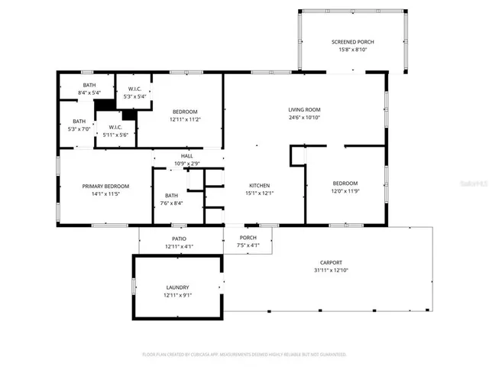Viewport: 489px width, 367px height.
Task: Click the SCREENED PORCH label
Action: point(351,41)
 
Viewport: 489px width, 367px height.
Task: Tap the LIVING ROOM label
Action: point(303,109)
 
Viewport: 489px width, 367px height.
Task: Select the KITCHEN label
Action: point(260,185)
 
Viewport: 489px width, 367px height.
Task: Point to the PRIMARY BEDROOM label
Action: point(105,186)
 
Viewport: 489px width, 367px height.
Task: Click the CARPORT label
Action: point(331,261)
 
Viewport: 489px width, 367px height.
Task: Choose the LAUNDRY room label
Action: point(177,287)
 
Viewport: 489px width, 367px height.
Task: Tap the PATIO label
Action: point(180,239)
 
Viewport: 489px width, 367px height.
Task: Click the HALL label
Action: point(186,156)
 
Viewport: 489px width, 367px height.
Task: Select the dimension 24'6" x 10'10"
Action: point(303,118)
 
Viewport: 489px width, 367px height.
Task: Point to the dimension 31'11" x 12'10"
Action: point(331,270)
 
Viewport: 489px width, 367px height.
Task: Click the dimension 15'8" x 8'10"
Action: point(351,50)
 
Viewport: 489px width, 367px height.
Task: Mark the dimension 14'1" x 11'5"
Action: point(105,194)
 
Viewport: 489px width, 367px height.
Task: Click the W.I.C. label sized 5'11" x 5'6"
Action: point(115,127)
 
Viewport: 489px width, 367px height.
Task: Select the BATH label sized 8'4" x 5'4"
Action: point(89,85)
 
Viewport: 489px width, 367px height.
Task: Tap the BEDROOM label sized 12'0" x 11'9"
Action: point(345,183)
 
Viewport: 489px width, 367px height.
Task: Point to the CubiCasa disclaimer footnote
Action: point(244,354)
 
